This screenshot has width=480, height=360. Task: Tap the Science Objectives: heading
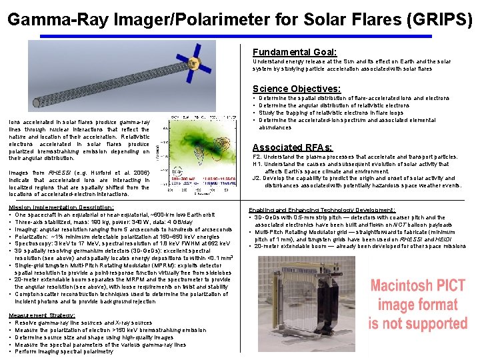pyautogui.click(x=296, y=89)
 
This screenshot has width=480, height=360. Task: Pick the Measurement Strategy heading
pyautogui.click(x=37, y=315)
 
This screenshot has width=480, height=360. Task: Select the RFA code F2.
pyautogui.click(x=257, y=157)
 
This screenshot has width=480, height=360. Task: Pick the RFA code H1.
pyautogui.click(x=257, y=165)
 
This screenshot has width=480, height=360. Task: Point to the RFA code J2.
pyautogui.click(x=257, y=179)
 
